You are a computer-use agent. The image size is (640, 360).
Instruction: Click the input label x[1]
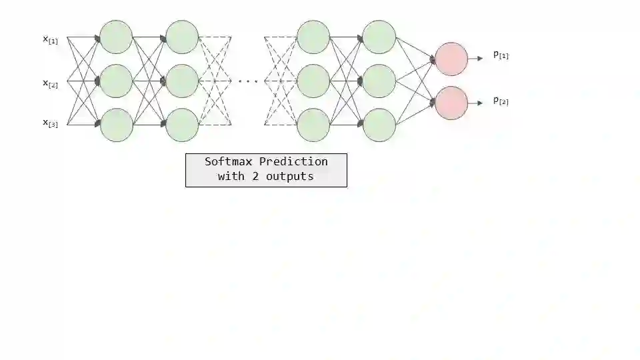[51, 40]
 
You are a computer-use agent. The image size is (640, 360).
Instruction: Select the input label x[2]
[51, 84]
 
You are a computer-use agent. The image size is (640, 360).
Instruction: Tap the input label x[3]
[51, 123]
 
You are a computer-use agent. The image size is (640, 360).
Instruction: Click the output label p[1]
[501, 55]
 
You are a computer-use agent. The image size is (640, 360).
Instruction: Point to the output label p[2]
[501, 101]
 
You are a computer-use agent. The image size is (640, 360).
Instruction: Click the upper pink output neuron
[451, 59]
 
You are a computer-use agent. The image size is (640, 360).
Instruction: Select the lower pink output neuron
[451, 103]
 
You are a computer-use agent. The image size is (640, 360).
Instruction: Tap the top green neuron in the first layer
[117, 37]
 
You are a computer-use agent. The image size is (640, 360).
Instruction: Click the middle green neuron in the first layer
[117, 81]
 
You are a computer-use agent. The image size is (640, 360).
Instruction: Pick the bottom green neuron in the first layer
[117, 125]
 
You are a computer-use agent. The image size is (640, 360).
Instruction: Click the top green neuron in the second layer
[182, 37]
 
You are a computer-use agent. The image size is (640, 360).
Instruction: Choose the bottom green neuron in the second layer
[182, 125]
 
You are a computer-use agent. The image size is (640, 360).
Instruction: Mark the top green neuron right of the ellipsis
[313, 37]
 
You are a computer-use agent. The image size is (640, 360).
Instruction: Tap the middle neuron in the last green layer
[379, 81]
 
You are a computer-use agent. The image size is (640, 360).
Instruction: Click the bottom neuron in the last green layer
[379, 125]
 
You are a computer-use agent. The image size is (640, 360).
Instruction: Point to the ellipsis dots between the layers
[248, 81]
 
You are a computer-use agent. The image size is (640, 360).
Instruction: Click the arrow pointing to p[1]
[475, 59]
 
